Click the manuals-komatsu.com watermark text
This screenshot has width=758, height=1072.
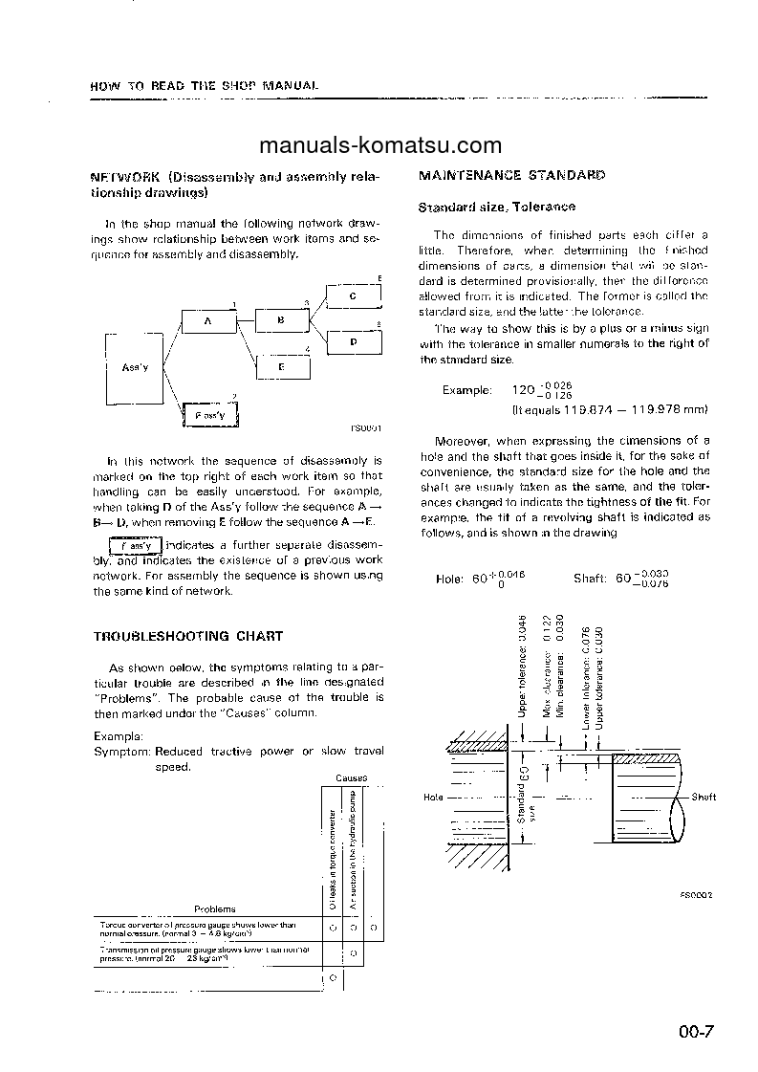tap(379, 145)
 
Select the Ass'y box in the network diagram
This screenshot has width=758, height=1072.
tap(132, 367)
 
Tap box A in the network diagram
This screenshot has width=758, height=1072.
tap(207, 322)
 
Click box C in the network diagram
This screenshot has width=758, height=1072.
tap(353, 296)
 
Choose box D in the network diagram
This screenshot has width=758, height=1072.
tap(353, 340)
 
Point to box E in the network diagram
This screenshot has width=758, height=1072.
tap(281, 366)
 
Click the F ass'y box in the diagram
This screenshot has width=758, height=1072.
tap(209, 416)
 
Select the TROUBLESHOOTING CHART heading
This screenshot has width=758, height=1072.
tap(187, 636)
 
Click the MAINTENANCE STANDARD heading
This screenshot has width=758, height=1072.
tap(512, 176)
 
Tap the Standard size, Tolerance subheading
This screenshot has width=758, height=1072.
tap(497, 207)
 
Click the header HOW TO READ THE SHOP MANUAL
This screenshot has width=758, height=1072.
tap(203, 85)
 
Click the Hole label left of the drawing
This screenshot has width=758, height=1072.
tap(433, 797)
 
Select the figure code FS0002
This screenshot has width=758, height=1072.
tap(698, 896)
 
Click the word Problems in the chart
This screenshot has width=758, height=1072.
tap(215, 909)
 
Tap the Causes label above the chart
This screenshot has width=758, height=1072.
tap(351, 778)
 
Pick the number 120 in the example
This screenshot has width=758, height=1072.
tap(521, 390)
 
